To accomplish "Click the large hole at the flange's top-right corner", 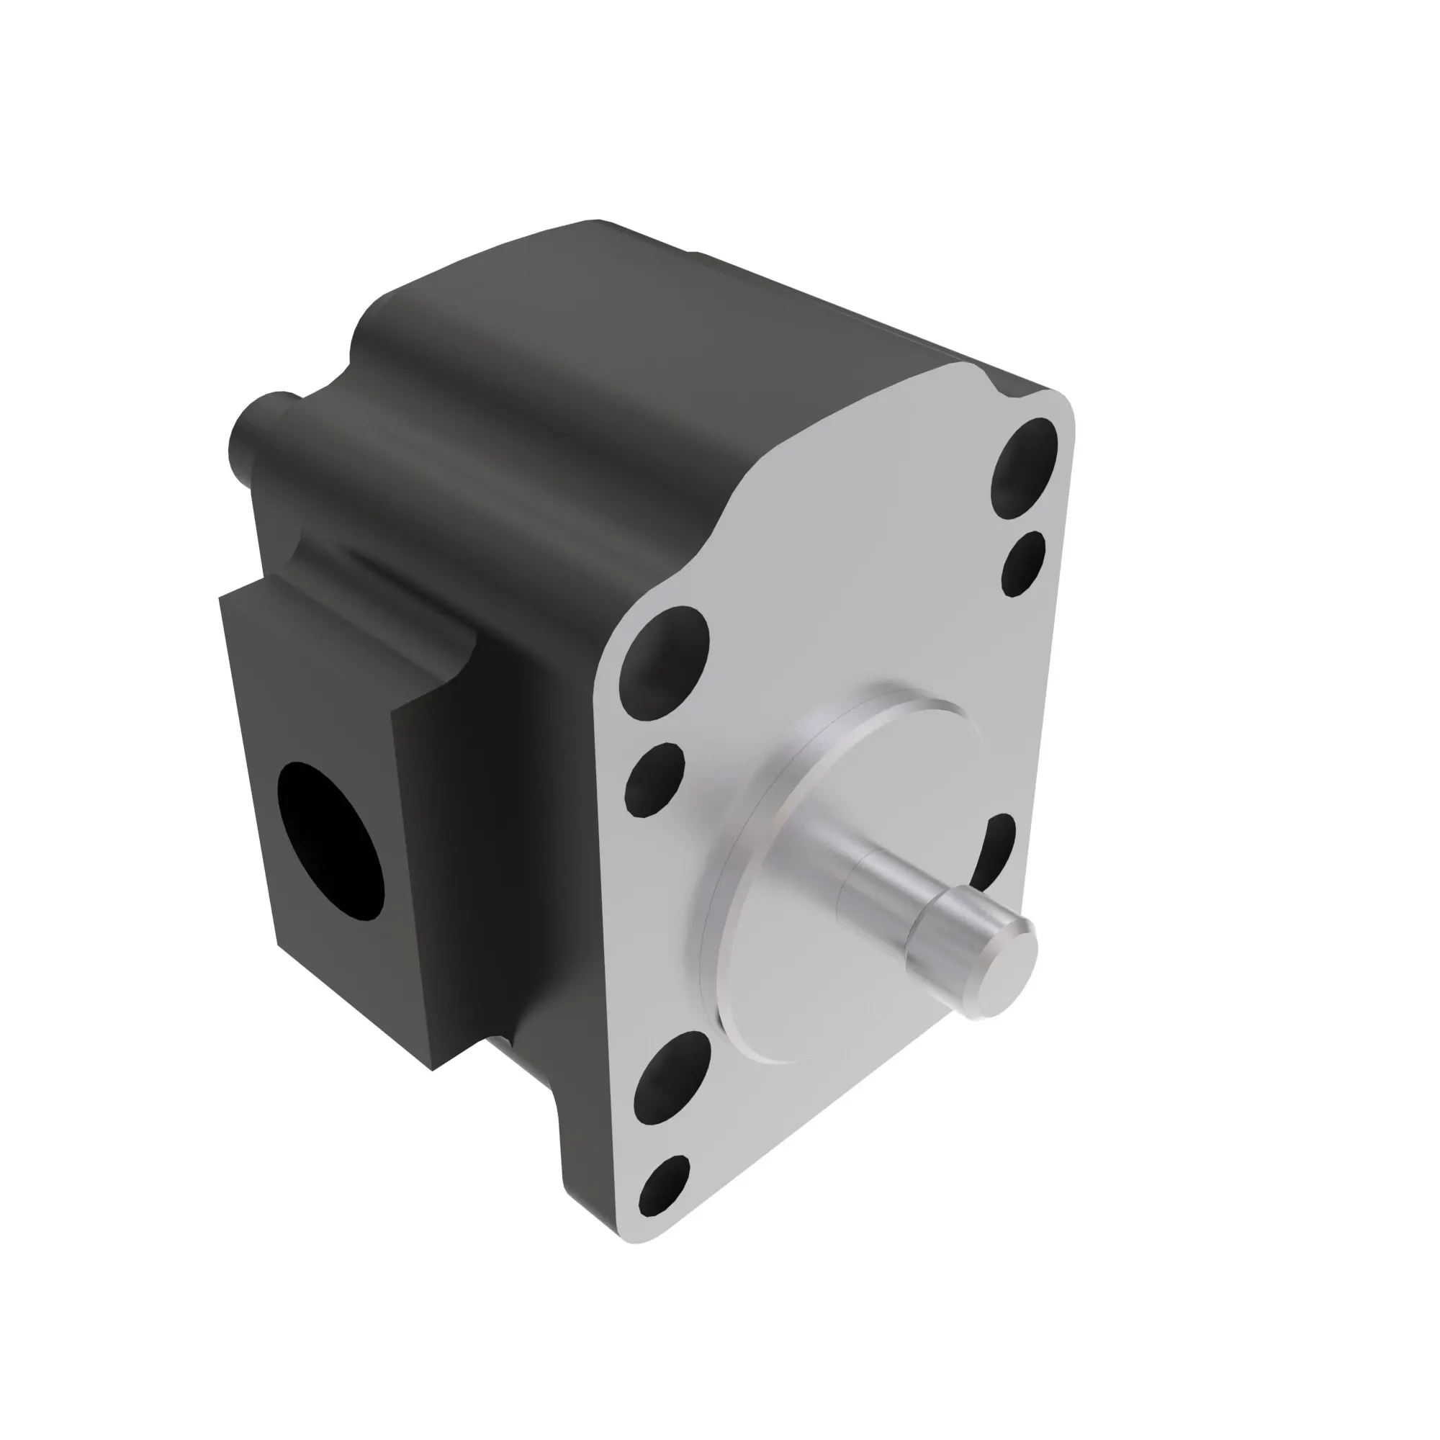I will tap(1025, 467).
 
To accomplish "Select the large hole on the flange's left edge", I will tap(664, 663).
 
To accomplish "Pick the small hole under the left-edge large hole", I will tap(654, 780).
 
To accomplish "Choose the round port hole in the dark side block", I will tap(330, 842).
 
